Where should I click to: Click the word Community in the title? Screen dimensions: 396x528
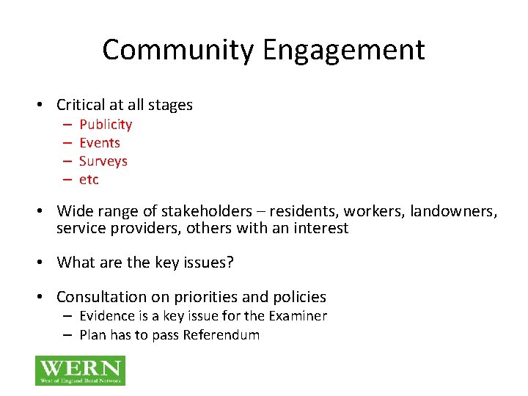[x=177, y=50]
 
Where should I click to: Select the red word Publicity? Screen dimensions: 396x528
[x=106, y=125]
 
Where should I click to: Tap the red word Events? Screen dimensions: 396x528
[x=100, y=143]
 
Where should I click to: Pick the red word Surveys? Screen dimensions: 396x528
[x=103, y=161]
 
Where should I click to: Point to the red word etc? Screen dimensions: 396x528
[x=89, y=180]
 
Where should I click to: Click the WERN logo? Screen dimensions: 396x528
[x=80, y=370]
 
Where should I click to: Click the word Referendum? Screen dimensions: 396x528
[x=221, y=335]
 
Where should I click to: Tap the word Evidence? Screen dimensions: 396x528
[x=108, y=316]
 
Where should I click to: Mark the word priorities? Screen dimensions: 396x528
[x=206, y=297]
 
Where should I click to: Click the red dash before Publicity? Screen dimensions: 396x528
[x=66, y=125]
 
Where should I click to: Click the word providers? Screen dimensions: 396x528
[x=129, y=228]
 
